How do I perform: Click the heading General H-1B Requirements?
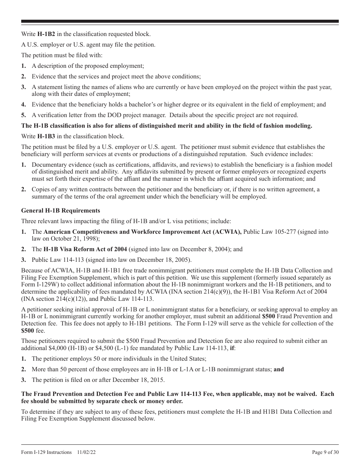pos(61,211)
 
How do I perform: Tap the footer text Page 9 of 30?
pos(325,452)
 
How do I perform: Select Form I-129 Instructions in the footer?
pos(46,452)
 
